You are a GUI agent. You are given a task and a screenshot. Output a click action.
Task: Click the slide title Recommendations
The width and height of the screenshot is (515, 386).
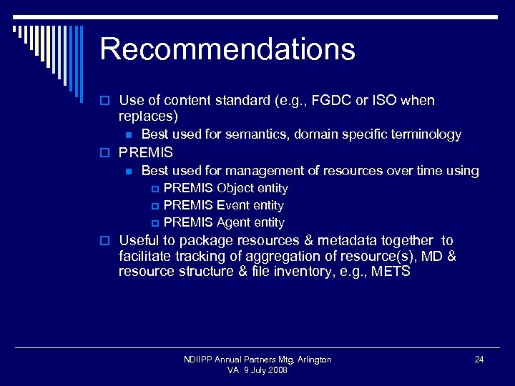227,49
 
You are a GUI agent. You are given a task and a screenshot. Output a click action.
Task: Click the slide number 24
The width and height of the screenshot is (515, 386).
479,360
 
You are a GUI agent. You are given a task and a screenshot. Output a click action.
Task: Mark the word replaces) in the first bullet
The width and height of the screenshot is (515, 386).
149,116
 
